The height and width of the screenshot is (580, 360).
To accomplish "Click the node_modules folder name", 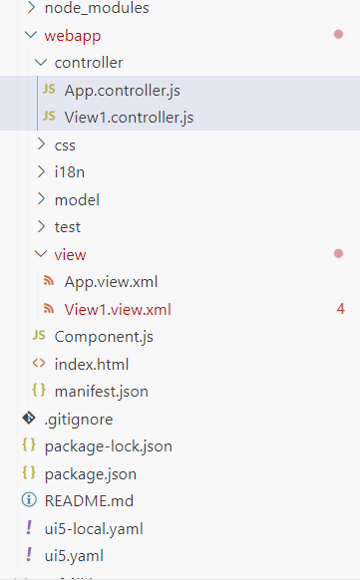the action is pos(96,8).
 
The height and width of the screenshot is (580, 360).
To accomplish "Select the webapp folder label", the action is pos(73,35).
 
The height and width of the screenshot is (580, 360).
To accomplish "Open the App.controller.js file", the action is pos(122,91).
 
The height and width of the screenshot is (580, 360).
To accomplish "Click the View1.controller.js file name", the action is pos(129,118).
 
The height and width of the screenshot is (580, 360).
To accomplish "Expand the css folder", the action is pos(65,145).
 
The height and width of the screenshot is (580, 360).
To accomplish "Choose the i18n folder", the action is pos(69,172).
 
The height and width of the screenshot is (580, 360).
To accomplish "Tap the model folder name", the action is pos(77,199).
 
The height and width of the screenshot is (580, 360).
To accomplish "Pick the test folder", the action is pos(68,226).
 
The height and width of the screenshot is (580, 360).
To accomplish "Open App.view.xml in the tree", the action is pos(111,281).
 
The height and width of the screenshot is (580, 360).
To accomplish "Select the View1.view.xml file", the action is pos(118,309).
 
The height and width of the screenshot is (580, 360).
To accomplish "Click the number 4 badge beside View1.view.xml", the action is pos(340,309).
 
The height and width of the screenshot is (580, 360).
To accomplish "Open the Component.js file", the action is pos(104,336).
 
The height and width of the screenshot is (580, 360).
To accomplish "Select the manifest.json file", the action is pos(101,391).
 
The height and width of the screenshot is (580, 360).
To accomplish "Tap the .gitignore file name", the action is pos(79,419).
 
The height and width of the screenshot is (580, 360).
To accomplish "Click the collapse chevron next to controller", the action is pos(40,63).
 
